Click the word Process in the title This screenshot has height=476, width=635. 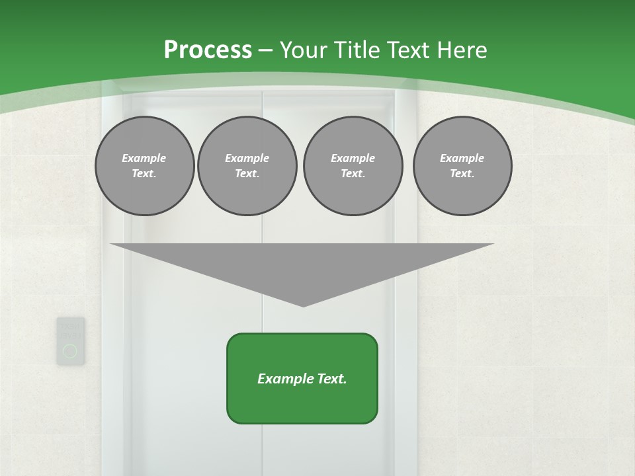tap(208, 50)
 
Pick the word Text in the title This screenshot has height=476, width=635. tap(410, 50)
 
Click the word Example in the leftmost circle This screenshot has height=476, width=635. tap(144, 158)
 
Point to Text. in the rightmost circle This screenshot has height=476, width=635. tap(462, 173)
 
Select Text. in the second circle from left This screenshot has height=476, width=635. tap(247, 173)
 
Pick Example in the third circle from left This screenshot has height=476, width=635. tap(353, 158)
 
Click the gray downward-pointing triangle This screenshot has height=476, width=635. tap(302, 264)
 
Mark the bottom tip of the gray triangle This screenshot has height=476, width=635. tap(303, 305)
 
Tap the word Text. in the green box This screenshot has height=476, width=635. tap(331, 379)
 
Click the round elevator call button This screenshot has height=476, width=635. tap(70, 351)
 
